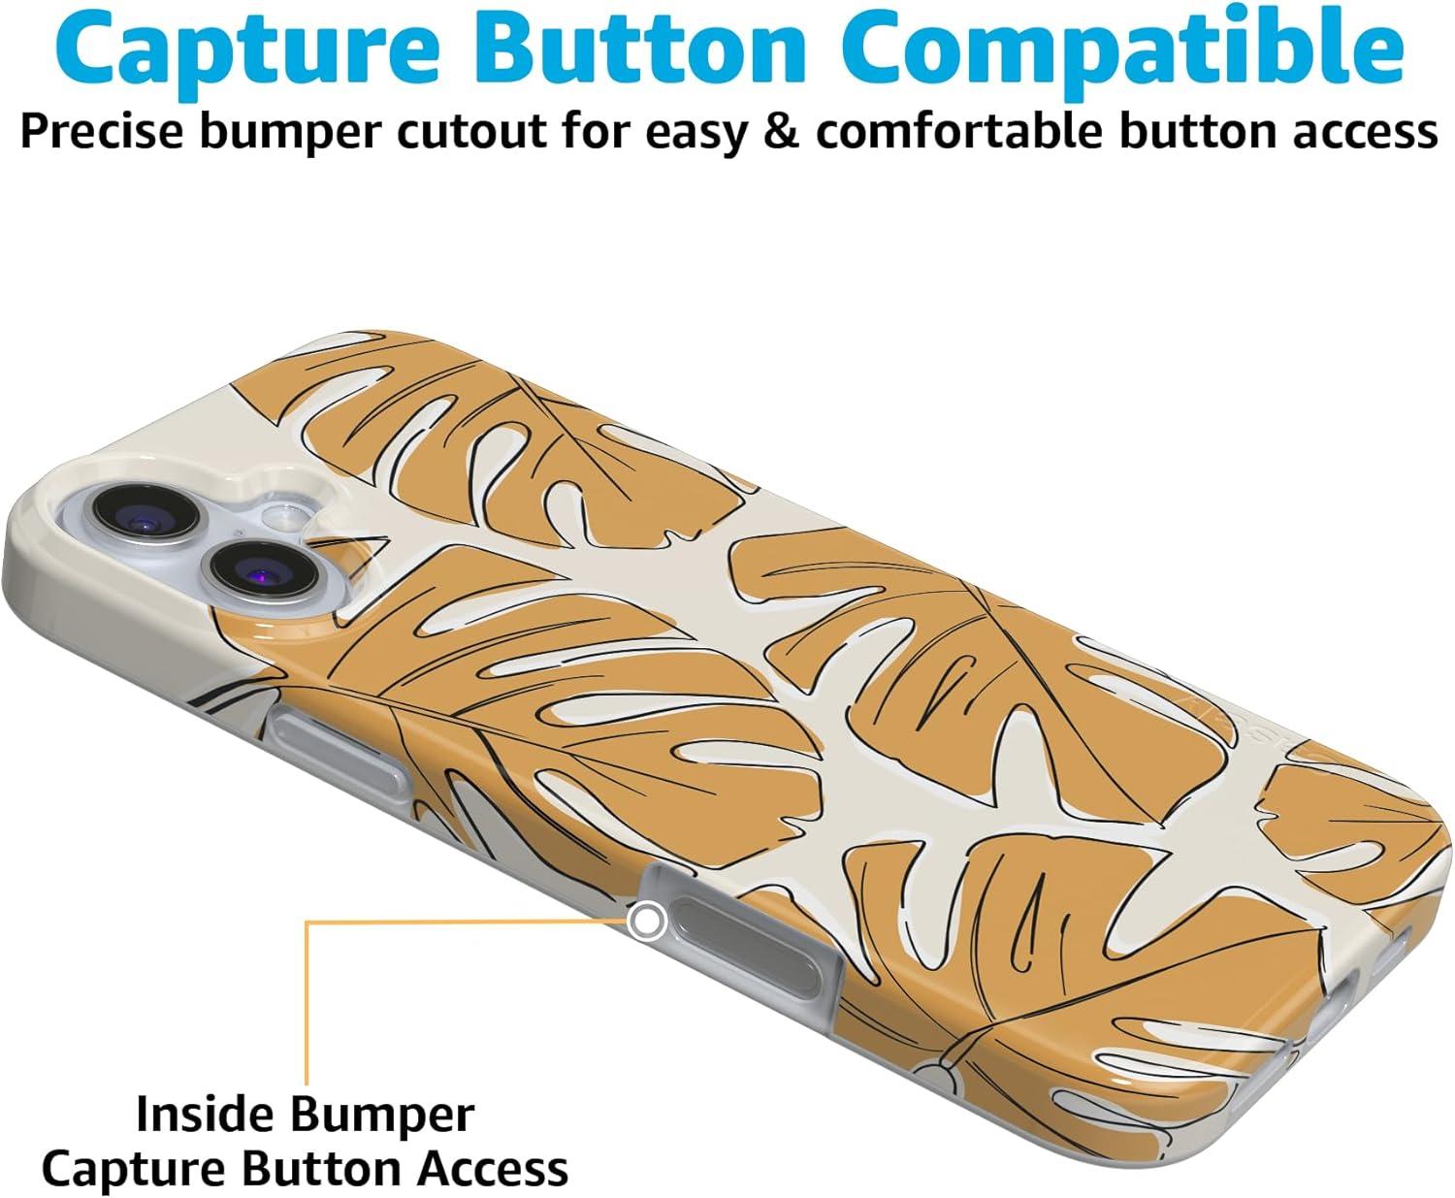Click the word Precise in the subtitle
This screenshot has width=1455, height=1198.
101,131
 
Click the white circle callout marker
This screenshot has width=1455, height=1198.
646,922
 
